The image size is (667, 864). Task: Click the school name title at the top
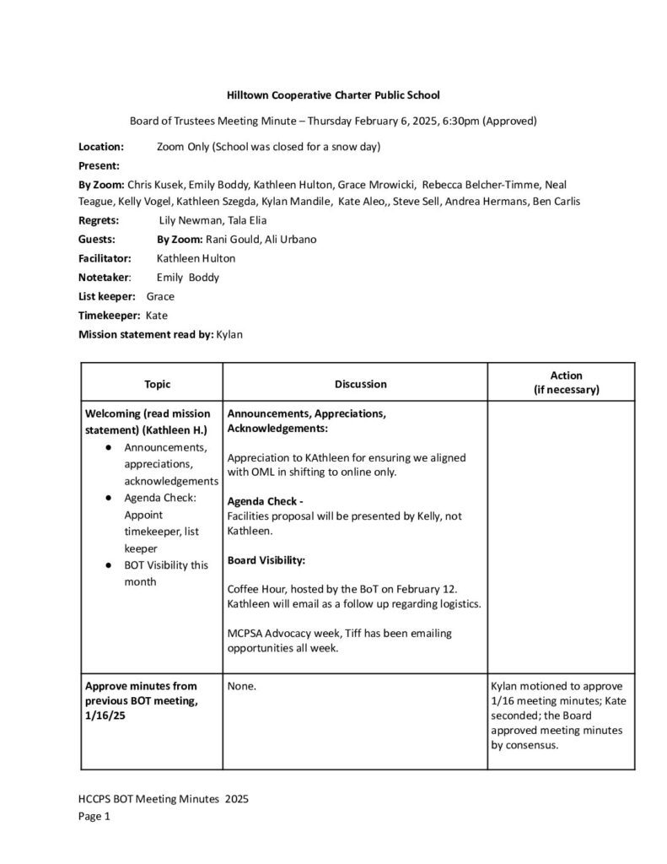click(x=333, y=96)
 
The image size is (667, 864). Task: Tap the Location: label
click(x=102, y=147)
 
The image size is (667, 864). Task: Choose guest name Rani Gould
click(x=227, y=239)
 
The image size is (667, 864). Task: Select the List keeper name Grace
click(x=160, y=296)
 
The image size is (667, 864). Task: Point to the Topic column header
click(x=157, y=384)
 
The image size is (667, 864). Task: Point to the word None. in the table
click(x=242, y=687)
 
